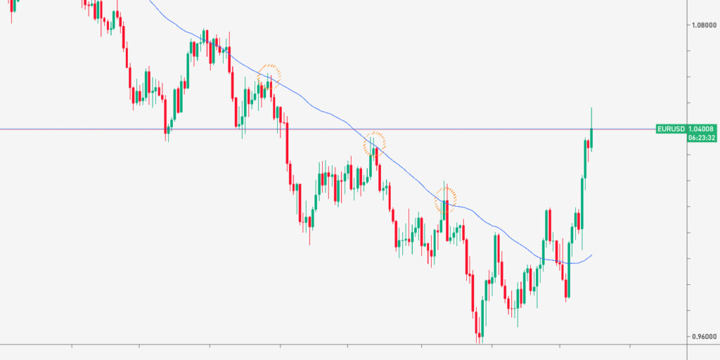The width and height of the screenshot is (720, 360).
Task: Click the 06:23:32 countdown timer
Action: coord(702,138)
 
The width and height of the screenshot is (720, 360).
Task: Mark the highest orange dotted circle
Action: coord(269,75)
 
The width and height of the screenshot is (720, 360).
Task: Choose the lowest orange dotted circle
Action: coord(445,199)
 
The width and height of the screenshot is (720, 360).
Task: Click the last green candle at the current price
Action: coord(592,138)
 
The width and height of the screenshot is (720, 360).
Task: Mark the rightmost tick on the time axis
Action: coord(629,346)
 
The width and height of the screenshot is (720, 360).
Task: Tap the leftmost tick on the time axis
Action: coord(72,346)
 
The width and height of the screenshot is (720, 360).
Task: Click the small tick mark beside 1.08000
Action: coord(688,25)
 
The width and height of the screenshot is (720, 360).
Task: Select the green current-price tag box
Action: coord(686,133)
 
